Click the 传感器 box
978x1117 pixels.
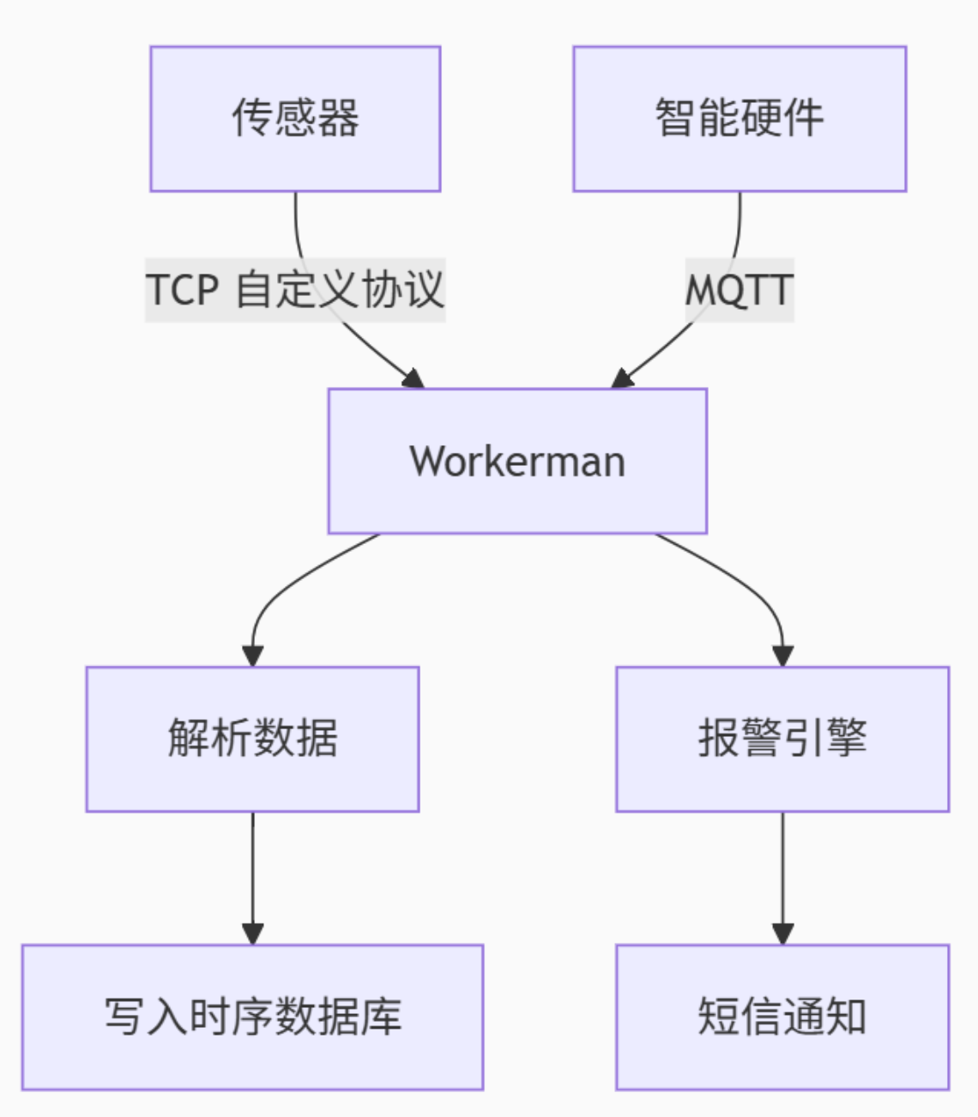[x=295, y=118]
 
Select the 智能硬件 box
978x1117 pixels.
[x=740, y=118]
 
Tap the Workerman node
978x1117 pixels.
[x=517, y=461]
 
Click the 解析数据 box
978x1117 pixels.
[x=252, y=739]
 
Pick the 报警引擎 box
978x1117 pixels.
[x=782, y=739]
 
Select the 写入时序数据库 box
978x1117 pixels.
[x=252, y=1017]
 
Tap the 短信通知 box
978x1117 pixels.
[x=782, y=1017]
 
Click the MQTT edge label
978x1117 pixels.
[x=740, y=290]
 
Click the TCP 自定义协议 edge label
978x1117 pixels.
[x=295, y=290]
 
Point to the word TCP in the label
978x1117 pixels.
[x=182, y=290]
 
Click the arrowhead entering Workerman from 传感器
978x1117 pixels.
[x=414, y=379]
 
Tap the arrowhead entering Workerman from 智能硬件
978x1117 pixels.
[x=622, y=379]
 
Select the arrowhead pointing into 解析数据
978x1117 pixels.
[x=252, y=655]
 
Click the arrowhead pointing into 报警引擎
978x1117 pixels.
[x=782, y=655]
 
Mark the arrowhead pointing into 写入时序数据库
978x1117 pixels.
[x=252, y=933]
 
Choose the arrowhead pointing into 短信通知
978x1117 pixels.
[x=782, y=933]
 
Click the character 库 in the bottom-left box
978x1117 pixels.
[x=381, y=1017]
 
